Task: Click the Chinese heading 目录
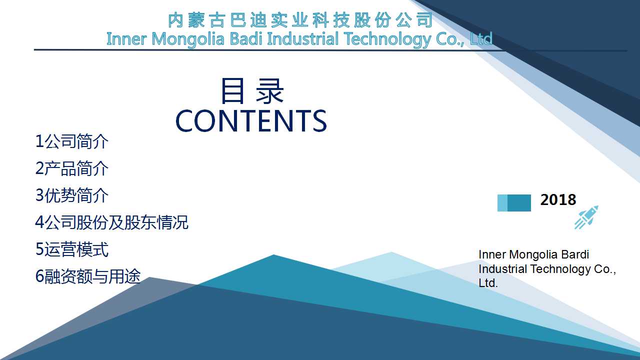pyautogui.click(x=252, y=91)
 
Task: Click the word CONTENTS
pyautogui.click(x=251, y=121)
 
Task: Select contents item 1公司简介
pyautogui.click(x=71, y=141)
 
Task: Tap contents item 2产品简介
pyautogui.click(x=71, y=168)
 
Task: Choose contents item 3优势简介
pyautogui.click(x=71, y=195)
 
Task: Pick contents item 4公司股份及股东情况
pyautogui.click(x=111, y=222)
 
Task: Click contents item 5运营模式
pyautogui.click(x=71, y=249)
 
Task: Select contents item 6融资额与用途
pyautogui.click(x=88, y=276)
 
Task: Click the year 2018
pyautogui.click(x=558, y=199)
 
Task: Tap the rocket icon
pyautogui.click(x=586, y=217)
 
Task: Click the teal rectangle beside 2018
pyautogui.click(x=514, y=203)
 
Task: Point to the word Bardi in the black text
pyautogui.click(x=575, y=254)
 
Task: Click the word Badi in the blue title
pyautogui.click(x=246, y=38)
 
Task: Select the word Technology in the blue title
pyautogui.click(x=387, y=39)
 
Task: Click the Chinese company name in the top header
pyautogui.click(x=300, y=20)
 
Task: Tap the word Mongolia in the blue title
pyautogui.click(x=187, y=39)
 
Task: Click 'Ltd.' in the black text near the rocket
pyautogui.click(x=488, y=283)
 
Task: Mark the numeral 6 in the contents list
pyautogui.click(x=39, y=276)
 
